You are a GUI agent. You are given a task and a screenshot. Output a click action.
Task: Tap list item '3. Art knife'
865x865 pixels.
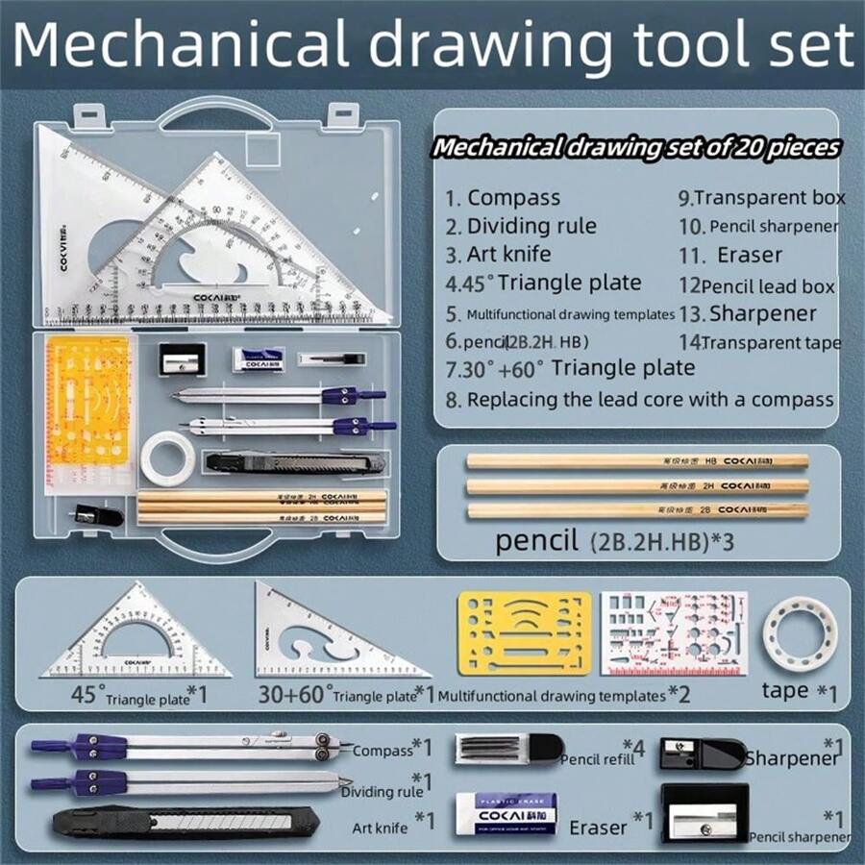(498, 255)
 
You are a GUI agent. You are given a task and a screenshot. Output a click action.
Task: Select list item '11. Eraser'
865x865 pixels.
(744, 255)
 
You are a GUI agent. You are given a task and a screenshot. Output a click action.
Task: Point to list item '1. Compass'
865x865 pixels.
(503, 198)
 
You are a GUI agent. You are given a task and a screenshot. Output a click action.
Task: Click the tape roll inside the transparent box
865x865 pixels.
(168, 457)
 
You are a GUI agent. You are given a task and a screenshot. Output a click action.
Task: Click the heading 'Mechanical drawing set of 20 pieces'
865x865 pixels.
(635, 148)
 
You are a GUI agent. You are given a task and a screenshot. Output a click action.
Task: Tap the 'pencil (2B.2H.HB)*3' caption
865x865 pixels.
(615, 540)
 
